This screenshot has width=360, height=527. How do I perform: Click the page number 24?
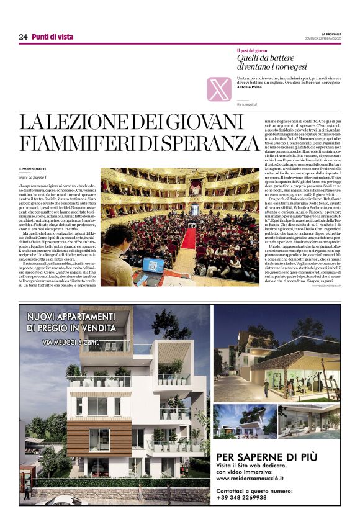(23, 37)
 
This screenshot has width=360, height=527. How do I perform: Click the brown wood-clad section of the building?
(99, 438)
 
